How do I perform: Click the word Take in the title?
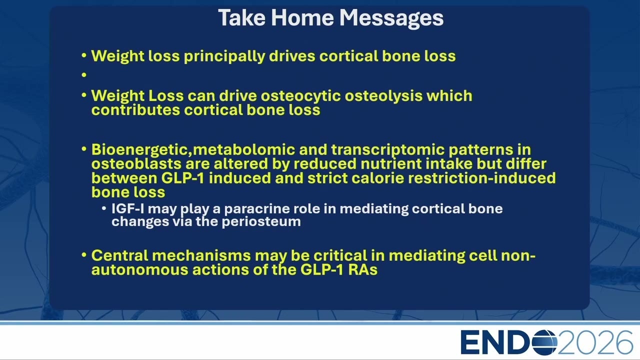[x=241, y=17]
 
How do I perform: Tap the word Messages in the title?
[x=391, y=19]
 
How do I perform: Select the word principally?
[x=224, y=56]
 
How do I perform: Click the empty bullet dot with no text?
[x=84, y=75]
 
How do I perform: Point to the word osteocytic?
[x=300, y=96]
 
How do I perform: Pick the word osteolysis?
[x=383, y=96]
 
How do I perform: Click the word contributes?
[x=135, y=110]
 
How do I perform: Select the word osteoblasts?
[x=136, y=164]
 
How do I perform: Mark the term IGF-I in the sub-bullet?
[x=127, y=209]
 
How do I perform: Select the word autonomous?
[x=139, y=270]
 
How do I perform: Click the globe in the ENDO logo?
[x=544, y=342]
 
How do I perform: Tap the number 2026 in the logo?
[x=595, y=342]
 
